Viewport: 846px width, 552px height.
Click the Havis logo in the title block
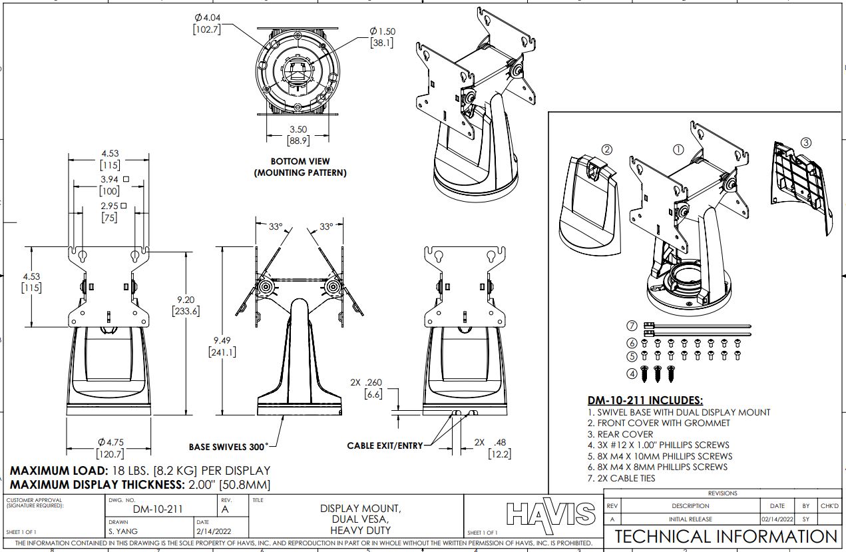click(x=550, y=514)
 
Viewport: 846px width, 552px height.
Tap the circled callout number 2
click(x=606, y=150)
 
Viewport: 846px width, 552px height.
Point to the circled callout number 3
click(x=805, y=142)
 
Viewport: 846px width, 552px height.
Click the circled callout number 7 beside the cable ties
click(x=632, y=326)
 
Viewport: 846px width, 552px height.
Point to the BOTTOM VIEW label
click(x=300, y=161)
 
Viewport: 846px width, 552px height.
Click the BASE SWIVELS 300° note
click(x=230, y=447)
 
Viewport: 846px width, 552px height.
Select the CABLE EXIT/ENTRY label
click(x=385, y=445)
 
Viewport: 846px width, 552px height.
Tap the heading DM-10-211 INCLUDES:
click(x=645, y=401)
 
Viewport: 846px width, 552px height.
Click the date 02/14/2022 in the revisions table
click(x=777, y=519)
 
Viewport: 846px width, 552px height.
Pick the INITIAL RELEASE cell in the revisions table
click(x=690, y=519)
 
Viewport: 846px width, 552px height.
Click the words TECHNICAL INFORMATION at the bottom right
click(x=726, y=537)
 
